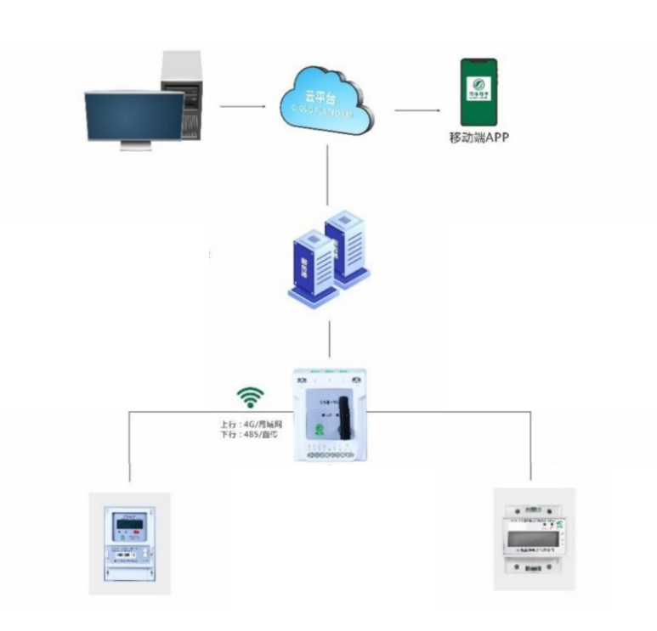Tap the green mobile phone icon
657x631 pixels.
[x=479, y=92]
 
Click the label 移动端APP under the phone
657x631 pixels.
[x=479, y=137]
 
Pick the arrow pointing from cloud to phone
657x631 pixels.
[x=417, y=110]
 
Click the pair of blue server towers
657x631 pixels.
[x=329, y=257]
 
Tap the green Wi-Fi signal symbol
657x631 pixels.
[x=250, y=397]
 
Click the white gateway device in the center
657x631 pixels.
[x=329, y=414]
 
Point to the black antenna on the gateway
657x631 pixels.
[x=345, y=419]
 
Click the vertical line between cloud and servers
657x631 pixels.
[x=328, y=174]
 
